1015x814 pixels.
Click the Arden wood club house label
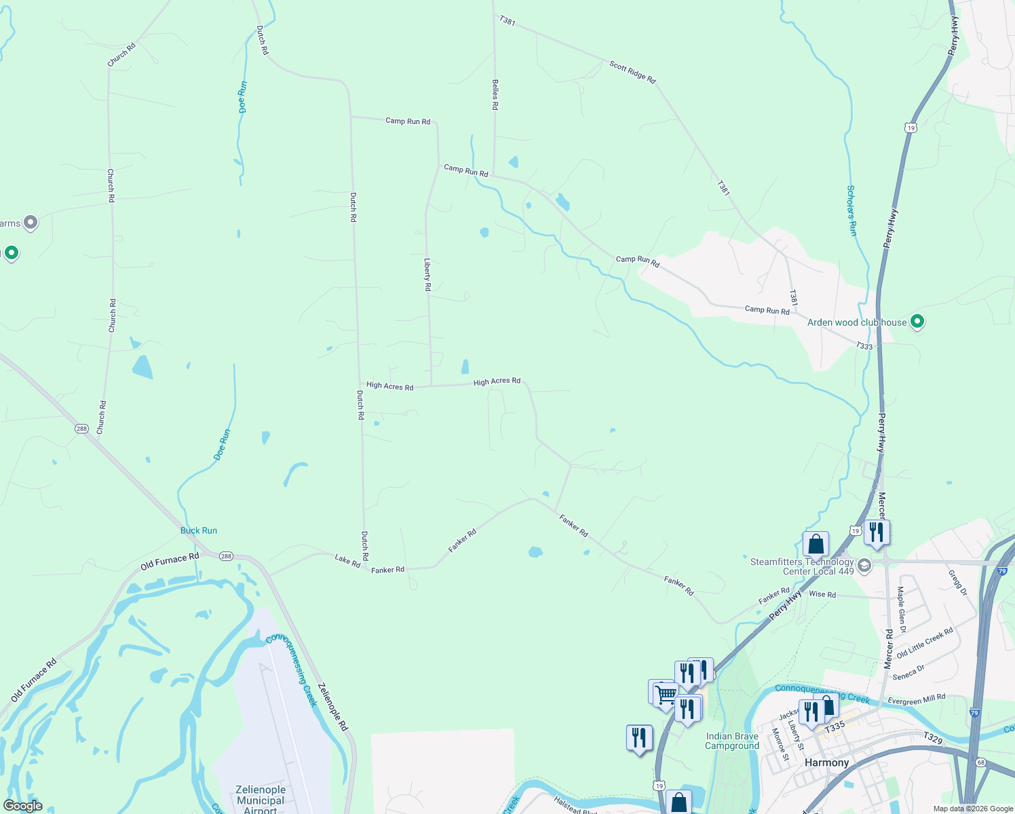point(856,322)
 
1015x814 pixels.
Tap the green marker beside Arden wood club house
point(917,322)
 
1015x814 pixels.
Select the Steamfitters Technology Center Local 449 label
point(802,566)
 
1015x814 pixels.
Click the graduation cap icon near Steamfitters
point(864,565)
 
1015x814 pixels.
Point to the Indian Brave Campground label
point(732,741)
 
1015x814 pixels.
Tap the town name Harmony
point(826,762)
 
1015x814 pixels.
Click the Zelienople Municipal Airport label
point(261,800)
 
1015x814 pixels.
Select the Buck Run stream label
point(199,530)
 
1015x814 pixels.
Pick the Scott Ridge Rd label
point(632,73)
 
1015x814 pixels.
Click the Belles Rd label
point(495,94)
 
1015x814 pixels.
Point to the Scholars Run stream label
point(852,210)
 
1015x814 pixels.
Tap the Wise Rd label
point(822,594)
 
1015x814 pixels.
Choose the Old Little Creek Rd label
point(924,643)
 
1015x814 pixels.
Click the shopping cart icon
point(666,693)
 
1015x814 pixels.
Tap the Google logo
point(22,806)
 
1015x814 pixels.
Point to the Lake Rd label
point(347,560)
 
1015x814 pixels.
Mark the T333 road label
point(864,346)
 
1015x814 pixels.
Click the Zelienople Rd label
point(333,706)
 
